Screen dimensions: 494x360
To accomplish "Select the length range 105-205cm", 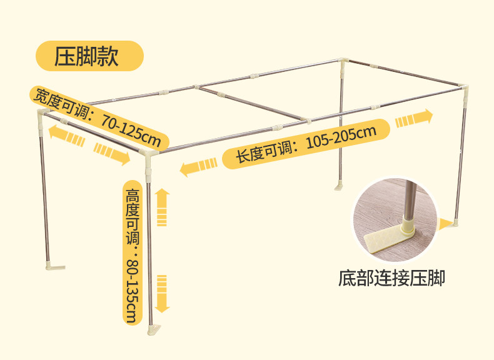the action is pos(341,139).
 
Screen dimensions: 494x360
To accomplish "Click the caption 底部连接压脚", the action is pos(392,277).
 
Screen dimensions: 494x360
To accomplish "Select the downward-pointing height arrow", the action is pos(163,293).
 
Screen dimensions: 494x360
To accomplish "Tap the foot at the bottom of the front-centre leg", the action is pos(154,329).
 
